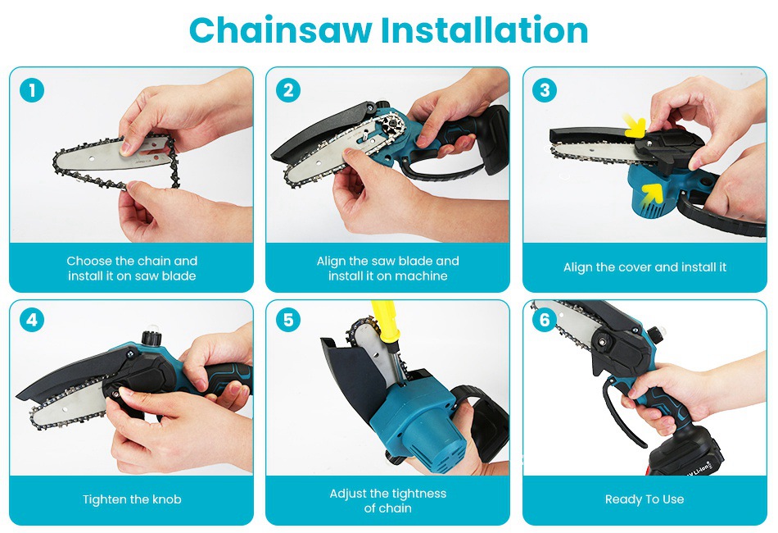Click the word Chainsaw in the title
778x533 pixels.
280,31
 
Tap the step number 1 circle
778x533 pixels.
32,90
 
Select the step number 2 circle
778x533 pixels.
288,90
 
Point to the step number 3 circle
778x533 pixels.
545,90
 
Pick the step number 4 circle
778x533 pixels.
32,320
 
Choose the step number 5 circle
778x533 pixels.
288,320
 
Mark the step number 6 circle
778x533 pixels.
545,320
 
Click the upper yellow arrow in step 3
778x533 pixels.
635,126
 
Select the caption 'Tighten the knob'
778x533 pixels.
132,499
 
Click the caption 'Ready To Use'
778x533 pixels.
645,499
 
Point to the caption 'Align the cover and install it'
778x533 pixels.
645,267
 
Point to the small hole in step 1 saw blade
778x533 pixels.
93,158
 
